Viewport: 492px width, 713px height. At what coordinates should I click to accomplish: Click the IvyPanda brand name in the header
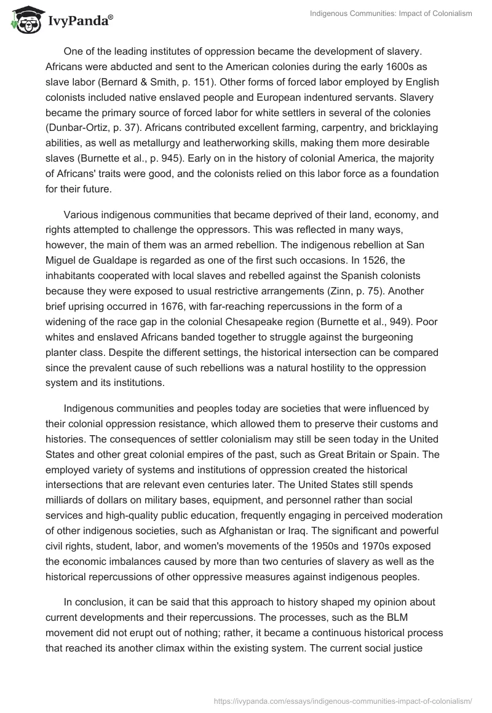[79, 21]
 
